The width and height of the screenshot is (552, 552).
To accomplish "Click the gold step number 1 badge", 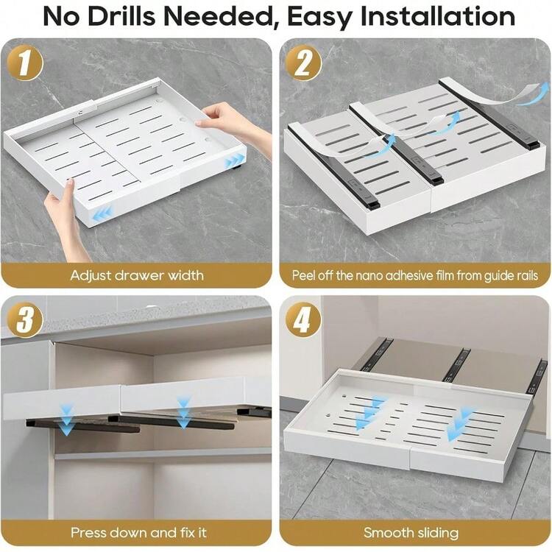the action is [24, 63].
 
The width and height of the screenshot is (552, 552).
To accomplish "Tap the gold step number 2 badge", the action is [303, 63].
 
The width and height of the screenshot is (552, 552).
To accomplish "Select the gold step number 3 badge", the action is [24, 319].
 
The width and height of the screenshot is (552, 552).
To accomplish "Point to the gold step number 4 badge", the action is [303, 319].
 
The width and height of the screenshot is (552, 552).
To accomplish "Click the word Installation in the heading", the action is [438, 16].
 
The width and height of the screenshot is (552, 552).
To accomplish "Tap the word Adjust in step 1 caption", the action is [91, 276].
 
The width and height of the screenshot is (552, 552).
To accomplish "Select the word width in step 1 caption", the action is [185, 275].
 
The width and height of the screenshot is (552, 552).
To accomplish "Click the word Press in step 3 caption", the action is [87, 532].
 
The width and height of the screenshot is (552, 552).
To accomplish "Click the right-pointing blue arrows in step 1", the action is [234, 162].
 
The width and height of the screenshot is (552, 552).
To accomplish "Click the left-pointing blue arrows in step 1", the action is [102, 214].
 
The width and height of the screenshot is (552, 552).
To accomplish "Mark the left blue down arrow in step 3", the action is [66, 420].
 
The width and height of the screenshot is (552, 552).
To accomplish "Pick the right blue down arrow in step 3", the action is [183, 412].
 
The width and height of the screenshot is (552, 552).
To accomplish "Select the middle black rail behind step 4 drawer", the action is [456, 365].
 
